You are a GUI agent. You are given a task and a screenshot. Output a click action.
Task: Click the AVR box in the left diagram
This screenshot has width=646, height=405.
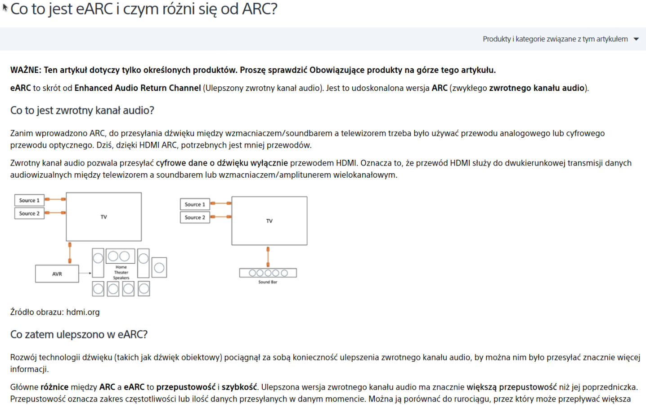[x=57, y=274]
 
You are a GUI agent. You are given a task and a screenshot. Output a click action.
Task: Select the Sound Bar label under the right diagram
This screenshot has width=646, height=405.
[x=268, y=282]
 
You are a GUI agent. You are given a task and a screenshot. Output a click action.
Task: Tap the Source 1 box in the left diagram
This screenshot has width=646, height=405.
[x=29, y=200]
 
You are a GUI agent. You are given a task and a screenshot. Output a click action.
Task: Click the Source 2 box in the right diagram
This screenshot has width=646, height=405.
[x=195, y=217]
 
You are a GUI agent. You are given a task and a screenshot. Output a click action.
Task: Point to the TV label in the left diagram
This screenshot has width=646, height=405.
[x=104, y=217]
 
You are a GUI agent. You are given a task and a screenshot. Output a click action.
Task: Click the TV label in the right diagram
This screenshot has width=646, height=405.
[x=269, y=221]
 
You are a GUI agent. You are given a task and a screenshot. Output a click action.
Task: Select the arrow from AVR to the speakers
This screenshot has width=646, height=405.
[x=85, y=273]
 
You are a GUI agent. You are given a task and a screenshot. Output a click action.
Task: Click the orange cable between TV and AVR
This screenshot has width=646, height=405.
[x=70, y=253]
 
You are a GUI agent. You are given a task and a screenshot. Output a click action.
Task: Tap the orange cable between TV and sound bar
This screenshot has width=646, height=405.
[x=268, y=257]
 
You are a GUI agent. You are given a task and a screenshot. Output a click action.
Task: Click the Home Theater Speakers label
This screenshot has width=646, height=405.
[x=121, y=272]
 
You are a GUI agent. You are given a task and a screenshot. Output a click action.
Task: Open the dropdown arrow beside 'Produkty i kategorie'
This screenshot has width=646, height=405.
[x=636, y=39]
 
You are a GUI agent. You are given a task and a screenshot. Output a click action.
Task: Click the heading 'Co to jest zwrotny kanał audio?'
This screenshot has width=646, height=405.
[x=82, y=111]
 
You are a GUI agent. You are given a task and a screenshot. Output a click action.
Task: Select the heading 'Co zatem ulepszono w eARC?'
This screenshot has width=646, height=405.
[x=79, y=334]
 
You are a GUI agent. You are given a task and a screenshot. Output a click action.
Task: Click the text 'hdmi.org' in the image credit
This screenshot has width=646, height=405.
[x=83, y=312]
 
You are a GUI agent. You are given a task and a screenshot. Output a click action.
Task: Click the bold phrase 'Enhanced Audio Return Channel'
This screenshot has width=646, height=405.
[x=138, y=88]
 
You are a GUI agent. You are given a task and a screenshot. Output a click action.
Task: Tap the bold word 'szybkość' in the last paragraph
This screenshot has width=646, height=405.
[x=239, y=387]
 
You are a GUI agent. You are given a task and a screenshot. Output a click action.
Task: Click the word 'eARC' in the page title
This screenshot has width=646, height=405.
[x=94, y=9]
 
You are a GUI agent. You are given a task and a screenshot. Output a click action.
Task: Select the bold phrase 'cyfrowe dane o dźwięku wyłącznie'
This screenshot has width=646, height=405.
[x=222, y=163]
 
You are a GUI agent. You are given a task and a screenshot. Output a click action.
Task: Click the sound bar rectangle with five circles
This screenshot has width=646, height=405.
[x=268, y=273]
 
